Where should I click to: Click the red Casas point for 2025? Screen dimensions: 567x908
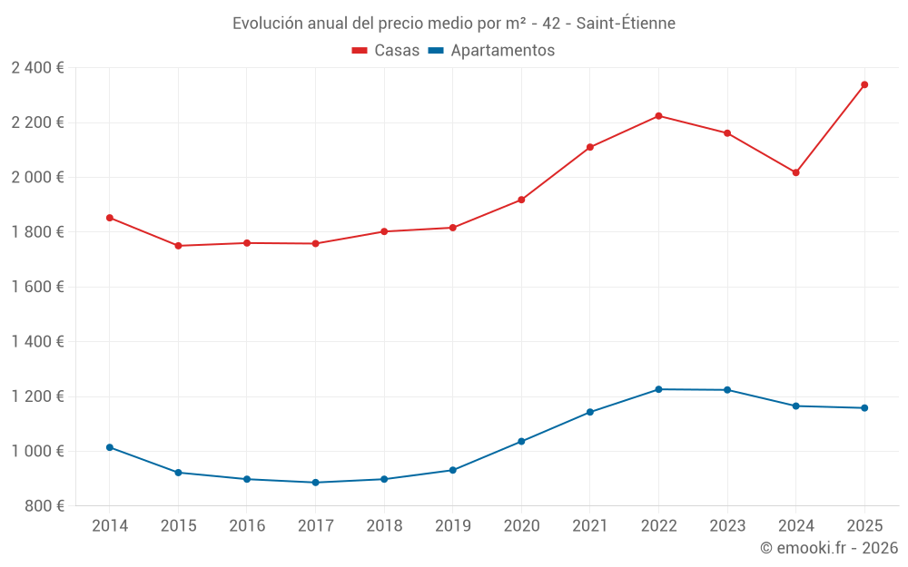864,85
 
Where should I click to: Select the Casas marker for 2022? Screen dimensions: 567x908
658,116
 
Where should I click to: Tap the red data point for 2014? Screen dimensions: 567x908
110,218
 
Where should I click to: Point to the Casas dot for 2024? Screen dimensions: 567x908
795,172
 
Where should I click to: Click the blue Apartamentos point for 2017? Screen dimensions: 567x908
315,483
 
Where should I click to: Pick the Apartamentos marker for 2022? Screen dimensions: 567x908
658,389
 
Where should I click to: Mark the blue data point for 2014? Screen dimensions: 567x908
110,447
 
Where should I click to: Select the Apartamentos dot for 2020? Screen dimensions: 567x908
521,442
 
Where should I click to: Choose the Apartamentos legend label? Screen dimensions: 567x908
502,51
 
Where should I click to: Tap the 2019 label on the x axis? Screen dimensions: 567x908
452,526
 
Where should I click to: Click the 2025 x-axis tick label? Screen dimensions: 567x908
864,526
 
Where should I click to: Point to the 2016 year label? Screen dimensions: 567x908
247,526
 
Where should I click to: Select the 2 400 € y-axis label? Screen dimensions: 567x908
37,68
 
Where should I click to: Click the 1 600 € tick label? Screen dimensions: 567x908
37,288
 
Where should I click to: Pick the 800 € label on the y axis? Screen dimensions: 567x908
43,506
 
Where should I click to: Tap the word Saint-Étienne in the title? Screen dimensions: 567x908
626,24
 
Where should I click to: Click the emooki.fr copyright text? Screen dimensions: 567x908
829,548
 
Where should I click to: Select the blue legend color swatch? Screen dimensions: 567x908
435,51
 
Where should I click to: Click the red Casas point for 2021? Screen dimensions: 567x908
590,147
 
